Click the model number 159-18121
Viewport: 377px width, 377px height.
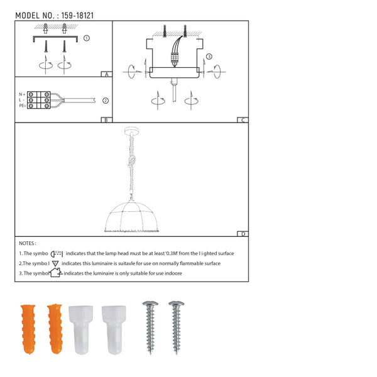[77, 16]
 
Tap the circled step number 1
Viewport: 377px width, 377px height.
[87, 38]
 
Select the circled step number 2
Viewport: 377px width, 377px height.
[106, 101]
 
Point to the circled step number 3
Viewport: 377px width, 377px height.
[209, 57]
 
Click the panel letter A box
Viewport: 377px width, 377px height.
[107, 74]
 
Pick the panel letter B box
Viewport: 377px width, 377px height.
[107, 120]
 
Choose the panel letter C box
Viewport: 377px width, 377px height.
[243, 120]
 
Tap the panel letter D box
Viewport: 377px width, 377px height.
[243, 234]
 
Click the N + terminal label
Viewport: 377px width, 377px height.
[22, 94]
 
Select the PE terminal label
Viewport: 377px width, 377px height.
[23, 106]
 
